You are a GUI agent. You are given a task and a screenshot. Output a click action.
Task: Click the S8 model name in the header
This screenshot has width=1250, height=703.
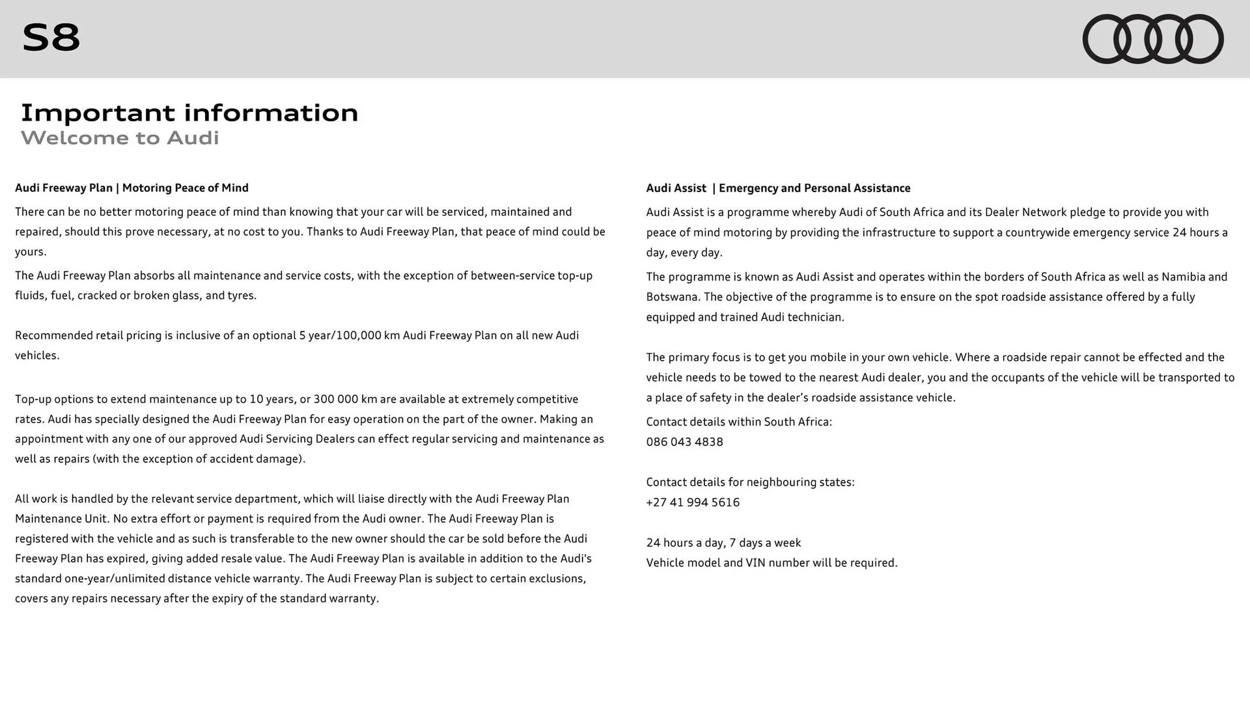tap(51, 38)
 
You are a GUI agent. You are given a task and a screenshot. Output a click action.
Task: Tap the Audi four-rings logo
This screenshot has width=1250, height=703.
tap(1152, 39)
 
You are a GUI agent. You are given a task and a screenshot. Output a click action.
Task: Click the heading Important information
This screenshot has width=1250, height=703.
tap(189, 113)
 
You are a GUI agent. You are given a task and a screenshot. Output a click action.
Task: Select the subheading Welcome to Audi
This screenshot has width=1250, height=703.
tap(120, 138)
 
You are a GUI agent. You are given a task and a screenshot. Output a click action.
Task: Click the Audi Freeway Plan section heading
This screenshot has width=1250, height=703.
tap(132, 188)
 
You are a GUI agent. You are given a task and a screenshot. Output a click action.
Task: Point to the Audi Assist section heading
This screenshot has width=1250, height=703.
tap(778, 188)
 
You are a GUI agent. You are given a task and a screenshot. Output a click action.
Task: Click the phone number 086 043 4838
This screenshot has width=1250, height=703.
tap(684, 442)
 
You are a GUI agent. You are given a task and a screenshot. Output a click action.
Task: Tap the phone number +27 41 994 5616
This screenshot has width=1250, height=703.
tap(693, 503)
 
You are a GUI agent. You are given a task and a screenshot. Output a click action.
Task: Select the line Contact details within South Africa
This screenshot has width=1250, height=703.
tap(739, 422)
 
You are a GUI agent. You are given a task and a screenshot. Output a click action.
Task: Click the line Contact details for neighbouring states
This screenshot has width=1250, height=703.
tap(750, 482)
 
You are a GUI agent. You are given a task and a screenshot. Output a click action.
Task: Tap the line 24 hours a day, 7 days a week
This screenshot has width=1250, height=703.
tap(723, 543)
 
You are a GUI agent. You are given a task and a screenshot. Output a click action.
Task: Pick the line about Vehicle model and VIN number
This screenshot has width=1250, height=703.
tap(771, 563)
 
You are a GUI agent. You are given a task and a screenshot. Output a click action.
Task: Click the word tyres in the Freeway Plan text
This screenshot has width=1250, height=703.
tap(241, 296)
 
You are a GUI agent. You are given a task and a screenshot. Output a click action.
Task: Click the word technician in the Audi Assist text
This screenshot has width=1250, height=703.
tap(815, 317)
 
